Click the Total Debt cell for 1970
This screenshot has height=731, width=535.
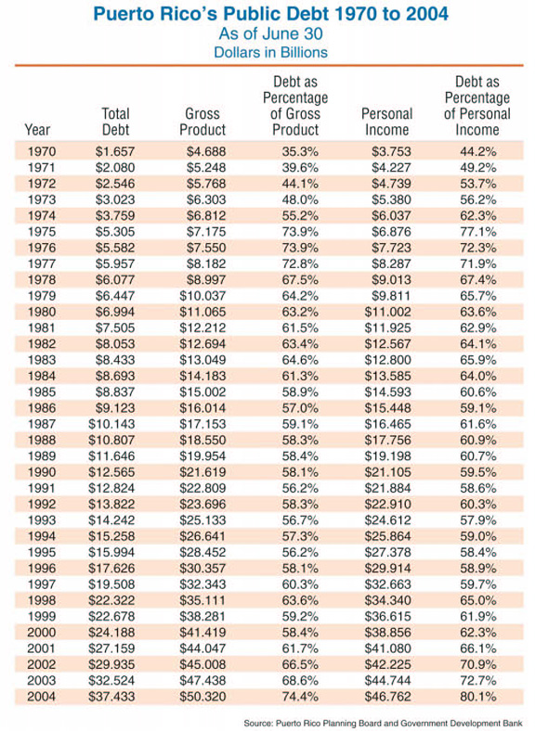coord(115,151)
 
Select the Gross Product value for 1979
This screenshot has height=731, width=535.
coord(202,296)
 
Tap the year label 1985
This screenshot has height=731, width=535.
coord(42,391)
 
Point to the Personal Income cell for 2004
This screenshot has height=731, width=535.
coord(388,697)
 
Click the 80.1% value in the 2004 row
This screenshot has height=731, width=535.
coord(477,697)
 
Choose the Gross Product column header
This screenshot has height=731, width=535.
coord(202,122)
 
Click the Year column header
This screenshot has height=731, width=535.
coord(37,129)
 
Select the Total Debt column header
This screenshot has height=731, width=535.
coord(115,122)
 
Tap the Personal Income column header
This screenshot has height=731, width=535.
coord(387,122)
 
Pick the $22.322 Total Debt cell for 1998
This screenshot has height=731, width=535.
coord(111,600)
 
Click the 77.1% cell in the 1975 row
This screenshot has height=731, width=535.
coord(477,232)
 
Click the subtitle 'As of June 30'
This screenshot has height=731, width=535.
coord(271,34)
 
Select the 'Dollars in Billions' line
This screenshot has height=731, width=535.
coord(271,52)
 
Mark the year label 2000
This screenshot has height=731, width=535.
coord(42,632)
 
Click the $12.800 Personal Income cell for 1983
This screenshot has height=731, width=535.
coord(388,360)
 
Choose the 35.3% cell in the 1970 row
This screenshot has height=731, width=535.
coord(300,151)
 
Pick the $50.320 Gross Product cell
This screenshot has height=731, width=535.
coord(202,697)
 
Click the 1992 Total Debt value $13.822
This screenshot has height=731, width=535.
coord(111,505)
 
